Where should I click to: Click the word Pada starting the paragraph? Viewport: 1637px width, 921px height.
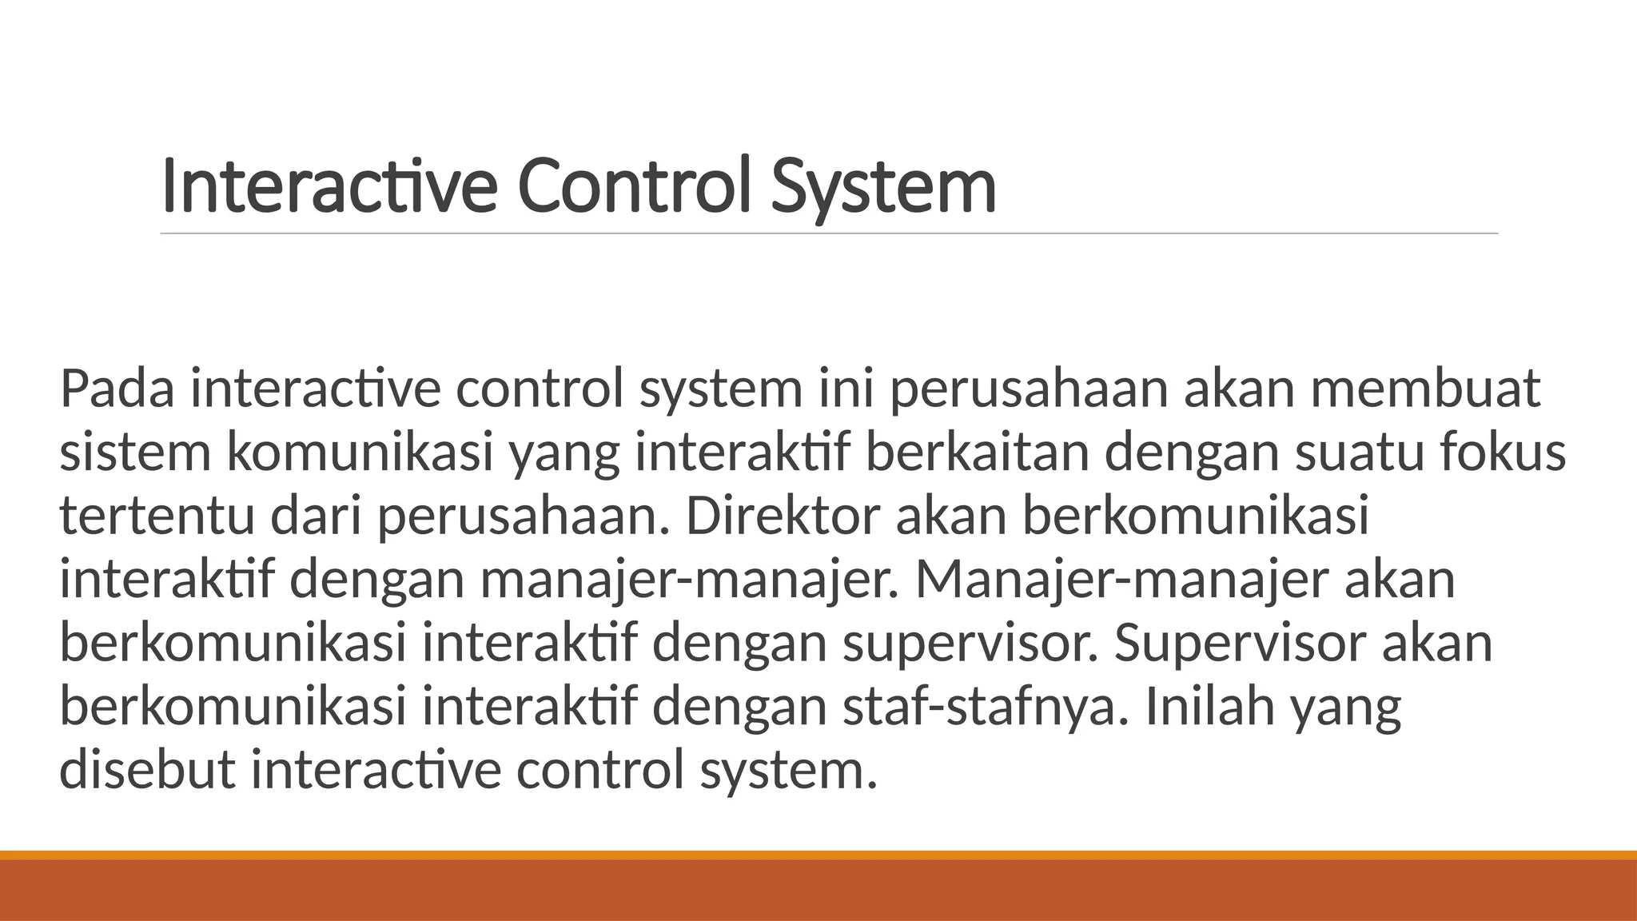(x=117, y=389)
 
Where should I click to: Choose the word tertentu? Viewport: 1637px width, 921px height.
(x=157, y=517)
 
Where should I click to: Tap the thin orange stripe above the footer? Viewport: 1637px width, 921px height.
(x=818, y=855)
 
